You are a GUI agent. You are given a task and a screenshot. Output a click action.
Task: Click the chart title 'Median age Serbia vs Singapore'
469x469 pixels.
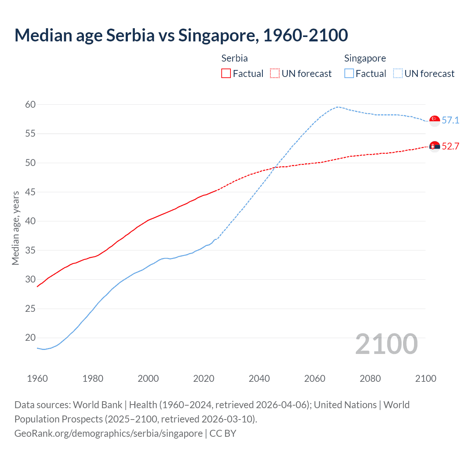point(181,35)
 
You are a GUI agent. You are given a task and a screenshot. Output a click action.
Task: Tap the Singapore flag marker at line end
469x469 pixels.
point(435,121)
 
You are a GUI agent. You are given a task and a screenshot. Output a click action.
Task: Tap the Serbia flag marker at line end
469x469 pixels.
point(435,147)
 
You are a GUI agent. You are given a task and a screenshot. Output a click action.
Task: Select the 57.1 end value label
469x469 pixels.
point(450,121)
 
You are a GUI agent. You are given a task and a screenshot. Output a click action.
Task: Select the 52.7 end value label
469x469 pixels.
point(450,147)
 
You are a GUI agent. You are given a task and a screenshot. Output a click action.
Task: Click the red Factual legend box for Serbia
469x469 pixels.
point(226,74)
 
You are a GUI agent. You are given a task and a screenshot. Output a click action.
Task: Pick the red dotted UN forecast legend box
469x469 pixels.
point(275,74)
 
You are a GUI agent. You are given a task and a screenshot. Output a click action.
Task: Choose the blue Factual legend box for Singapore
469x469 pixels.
point(349,74)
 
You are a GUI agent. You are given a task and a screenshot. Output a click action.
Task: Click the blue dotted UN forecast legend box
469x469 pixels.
point(398,74)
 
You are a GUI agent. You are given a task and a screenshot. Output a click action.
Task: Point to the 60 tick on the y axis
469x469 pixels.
point(30,105)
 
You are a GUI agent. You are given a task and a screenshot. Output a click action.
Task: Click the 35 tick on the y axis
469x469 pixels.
point(30,251)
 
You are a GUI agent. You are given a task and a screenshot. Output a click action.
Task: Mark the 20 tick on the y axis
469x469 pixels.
point(30,338)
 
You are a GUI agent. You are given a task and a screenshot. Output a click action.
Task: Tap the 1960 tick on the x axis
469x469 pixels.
point(37,378)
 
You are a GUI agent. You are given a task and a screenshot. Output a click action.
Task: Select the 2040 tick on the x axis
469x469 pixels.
point(259,378)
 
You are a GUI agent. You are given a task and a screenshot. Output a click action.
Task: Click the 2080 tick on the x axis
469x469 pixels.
point(370,378)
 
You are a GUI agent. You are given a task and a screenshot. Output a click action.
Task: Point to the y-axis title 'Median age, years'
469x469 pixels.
point(15,228)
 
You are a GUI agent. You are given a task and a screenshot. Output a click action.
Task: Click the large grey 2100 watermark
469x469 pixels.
point(386,344)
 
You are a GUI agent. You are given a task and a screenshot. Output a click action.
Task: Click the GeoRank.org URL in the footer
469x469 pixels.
point(108,433)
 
